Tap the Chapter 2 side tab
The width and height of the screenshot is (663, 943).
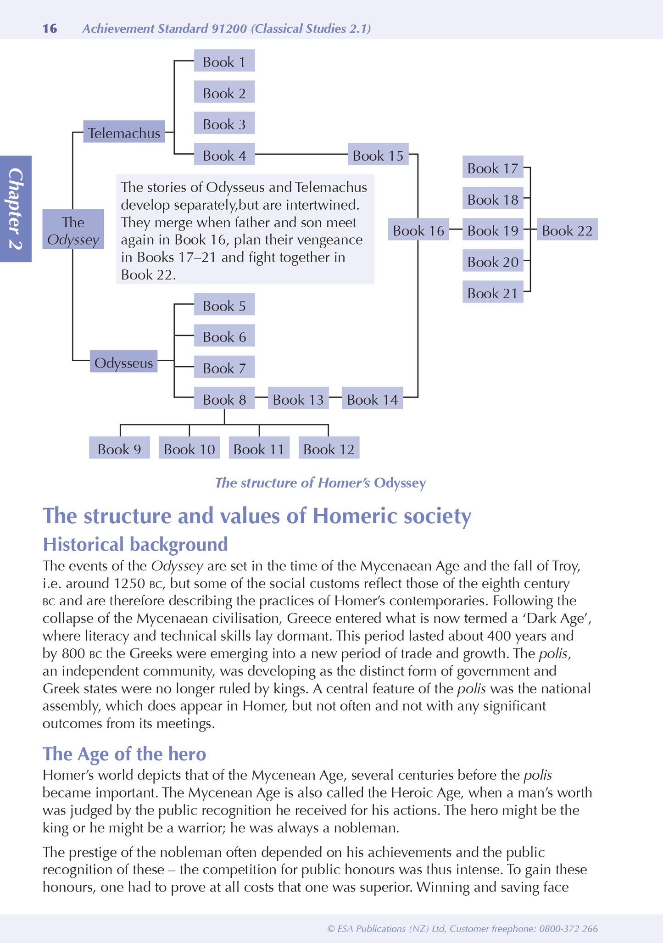tap(16, 209)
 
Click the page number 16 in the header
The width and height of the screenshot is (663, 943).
tap(50, 28)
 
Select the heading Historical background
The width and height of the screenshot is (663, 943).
tap(135, 544)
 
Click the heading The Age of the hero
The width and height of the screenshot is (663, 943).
tap(124, 753)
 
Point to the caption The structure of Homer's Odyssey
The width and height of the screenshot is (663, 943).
tap(320, 483)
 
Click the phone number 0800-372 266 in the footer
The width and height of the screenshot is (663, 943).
tap(568, 929)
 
